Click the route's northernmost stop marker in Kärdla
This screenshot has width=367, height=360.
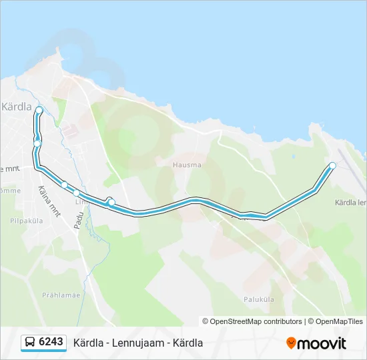tap(39, 110)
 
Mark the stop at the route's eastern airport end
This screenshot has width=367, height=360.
tap(332, 165)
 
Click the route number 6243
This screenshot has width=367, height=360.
tap(51, 343)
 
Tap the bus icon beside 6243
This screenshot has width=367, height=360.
tap(31, 343)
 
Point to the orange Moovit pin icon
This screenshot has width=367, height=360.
tap(291, 343)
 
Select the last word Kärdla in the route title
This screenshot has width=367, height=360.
tap(188, 343)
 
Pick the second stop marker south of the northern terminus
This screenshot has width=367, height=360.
tap(37, 143)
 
